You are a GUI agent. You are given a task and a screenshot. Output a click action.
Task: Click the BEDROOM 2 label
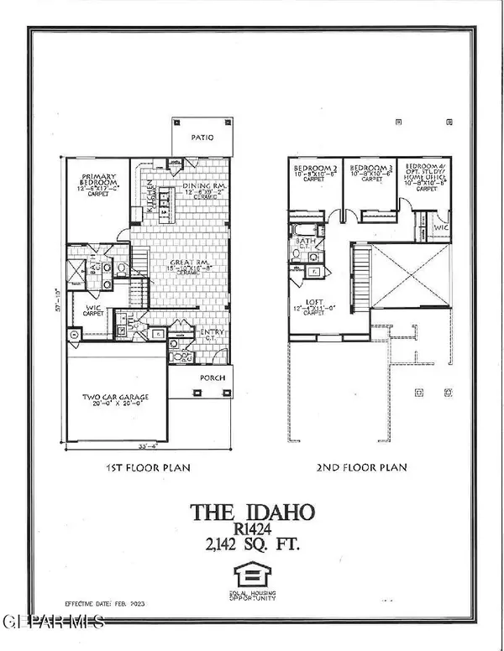(x=314, y=169)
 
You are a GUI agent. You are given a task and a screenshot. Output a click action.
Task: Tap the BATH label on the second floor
(x=307, y=241)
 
